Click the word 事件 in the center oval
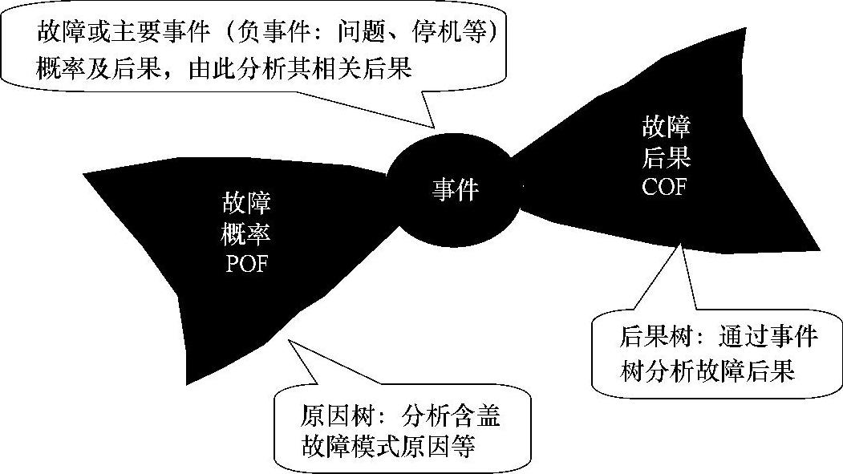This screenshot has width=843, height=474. click(x=455, y=190)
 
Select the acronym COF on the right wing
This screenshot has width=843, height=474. click(x=665, y=186)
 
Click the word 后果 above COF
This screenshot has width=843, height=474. click(x=666, y=156)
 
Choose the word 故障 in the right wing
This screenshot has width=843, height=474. click(x=666, y=127)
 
